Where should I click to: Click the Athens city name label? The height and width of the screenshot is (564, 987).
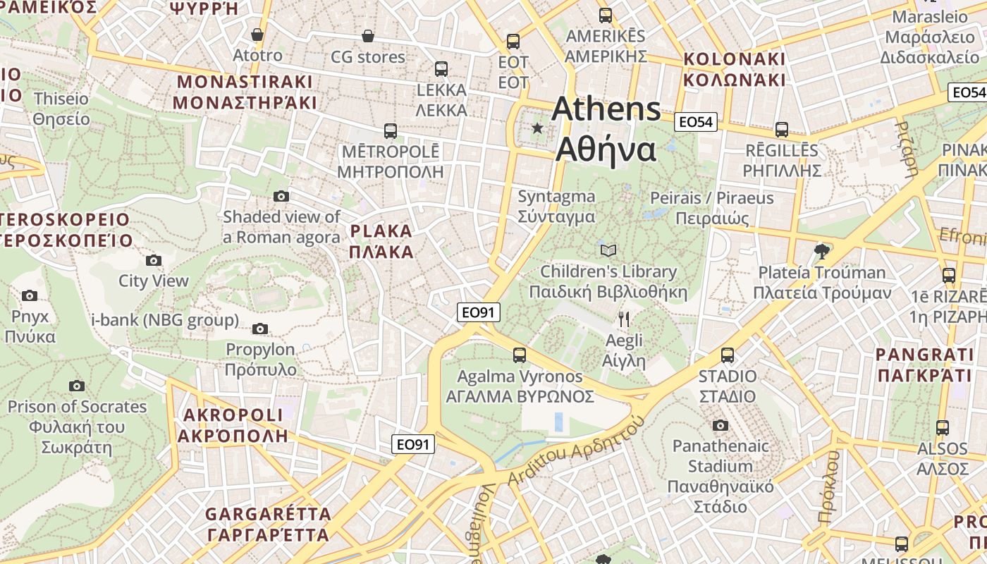pyautogui.click(x=606, y=129)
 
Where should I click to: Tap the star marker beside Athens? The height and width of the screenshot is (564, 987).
pyautogui.click(x=538, y=128)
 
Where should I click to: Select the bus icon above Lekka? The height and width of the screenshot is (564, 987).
pyautogui.click(x=441, y=69)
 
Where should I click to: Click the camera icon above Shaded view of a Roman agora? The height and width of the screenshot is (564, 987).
pyautogui.click(x=281, y=196)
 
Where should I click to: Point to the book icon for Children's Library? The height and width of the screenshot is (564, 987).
pyautogui.click(x=608, y=250)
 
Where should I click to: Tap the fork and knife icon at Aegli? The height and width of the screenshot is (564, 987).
pyautogui.click(x=624, y=319)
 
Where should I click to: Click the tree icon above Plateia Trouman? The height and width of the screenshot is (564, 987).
pyautogui.click(x=821, y=251)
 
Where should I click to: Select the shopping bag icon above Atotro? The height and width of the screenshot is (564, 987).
pyautogui.click(x=257, y=35)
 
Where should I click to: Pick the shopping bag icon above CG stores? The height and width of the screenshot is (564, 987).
pyautogui.click(x=367, y=36)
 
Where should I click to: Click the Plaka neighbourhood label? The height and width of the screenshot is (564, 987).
pyautogui.click(x=381, y=241)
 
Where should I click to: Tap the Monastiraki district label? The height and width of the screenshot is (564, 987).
pyautogui.click(x=245, y=92)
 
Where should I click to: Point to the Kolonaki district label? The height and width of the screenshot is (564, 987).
pyautogui.click(x=734, y=68)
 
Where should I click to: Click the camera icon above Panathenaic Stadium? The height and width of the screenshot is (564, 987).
pyautogui.click(x=720, y=425)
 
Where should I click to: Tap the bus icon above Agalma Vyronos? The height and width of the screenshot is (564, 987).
pyautogui.click(x=520, y=355)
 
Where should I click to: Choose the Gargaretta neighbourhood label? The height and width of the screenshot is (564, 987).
pyautogui.click(x=268, y=524)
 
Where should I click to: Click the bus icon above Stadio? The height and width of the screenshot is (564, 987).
pyautogui.click(x=728, y=355)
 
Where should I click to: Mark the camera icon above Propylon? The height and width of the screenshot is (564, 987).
pyautogui.click(x=260, y=329)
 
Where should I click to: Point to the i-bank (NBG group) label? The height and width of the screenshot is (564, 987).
pyautogui.click(x=165, y=320)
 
